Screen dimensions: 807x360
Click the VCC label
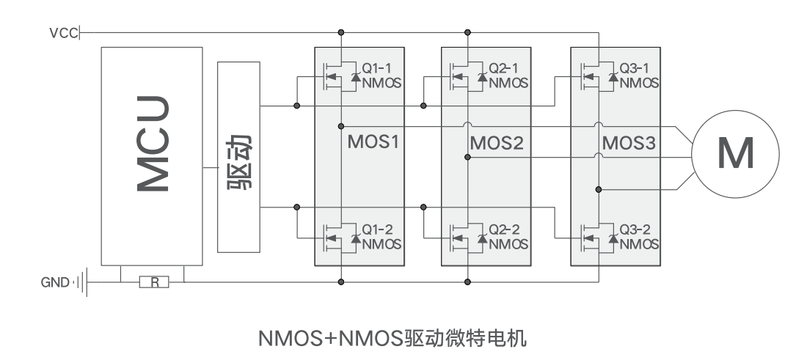(63, 34)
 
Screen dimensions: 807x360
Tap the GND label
(54, 282)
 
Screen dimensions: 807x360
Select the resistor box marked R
(154, 282)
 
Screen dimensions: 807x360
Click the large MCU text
(153, 144)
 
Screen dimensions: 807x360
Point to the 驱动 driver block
(239, 157)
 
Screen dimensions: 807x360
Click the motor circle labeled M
(735, 154)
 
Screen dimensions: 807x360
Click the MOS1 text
(373, 142)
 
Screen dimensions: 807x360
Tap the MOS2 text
(497, 143)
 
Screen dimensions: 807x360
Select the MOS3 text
(629, 143)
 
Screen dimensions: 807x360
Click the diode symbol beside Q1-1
(356, 77)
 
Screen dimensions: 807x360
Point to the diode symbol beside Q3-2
(613, 238)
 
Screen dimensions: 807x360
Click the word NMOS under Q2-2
(508, 243)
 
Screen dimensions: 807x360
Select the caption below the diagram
(392, 339)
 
